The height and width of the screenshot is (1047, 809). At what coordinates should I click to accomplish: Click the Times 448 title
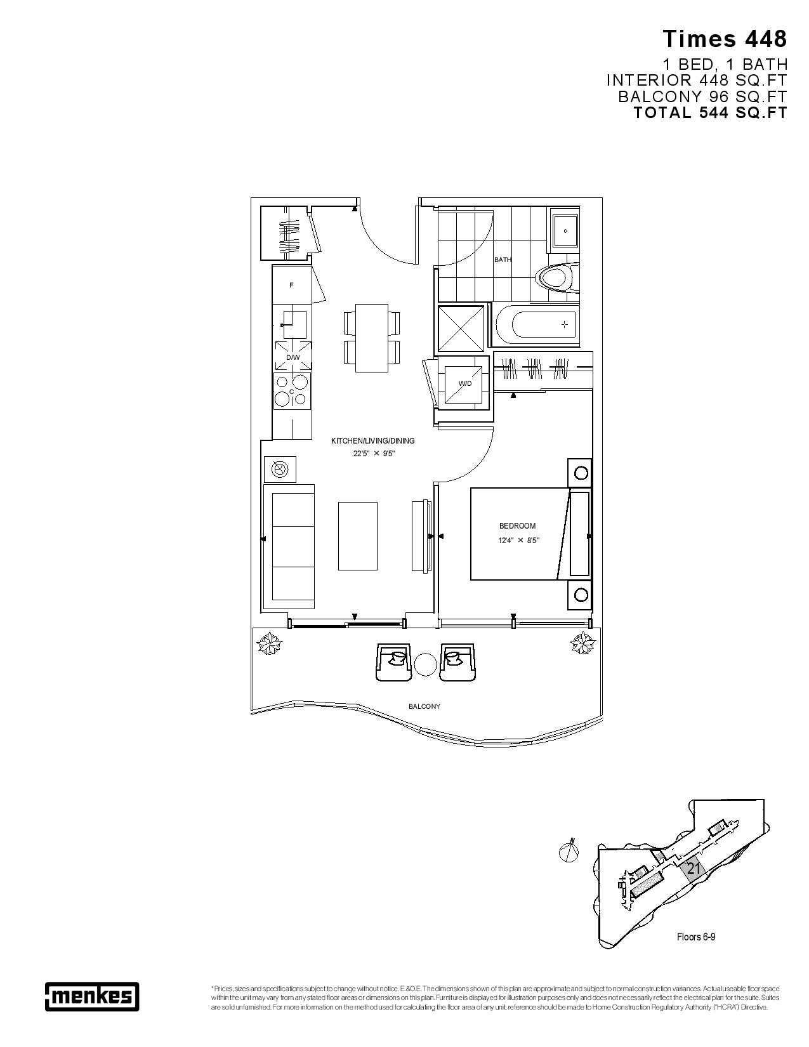tap(725, 39)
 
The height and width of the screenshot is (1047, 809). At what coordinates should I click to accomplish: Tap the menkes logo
tap(92, 996)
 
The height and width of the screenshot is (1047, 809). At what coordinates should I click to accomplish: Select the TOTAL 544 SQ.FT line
tap(710, 113)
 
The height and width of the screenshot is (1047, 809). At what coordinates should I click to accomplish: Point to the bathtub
tap(537, 325)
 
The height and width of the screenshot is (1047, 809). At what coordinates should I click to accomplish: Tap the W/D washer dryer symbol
tap(465, 385)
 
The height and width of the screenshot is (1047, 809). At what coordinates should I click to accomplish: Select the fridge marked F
tap(292, 285)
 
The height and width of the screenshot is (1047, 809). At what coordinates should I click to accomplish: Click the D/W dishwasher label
tap(293, 358)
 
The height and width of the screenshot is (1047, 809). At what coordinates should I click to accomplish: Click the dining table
tap(372, 338)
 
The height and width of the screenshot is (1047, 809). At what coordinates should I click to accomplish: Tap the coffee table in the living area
tap(357, 536)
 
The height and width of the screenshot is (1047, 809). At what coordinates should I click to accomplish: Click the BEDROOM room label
tap(517, 525)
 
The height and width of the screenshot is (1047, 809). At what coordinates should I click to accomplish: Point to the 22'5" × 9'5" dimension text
tap(374, 454)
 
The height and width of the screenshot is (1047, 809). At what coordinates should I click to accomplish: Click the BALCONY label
tap(424, 706)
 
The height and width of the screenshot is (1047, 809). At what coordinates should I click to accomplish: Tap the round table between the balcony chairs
tap(424, 664)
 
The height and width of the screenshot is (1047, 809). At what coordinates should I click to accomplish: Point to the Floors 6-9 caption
tap(696, 937)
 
